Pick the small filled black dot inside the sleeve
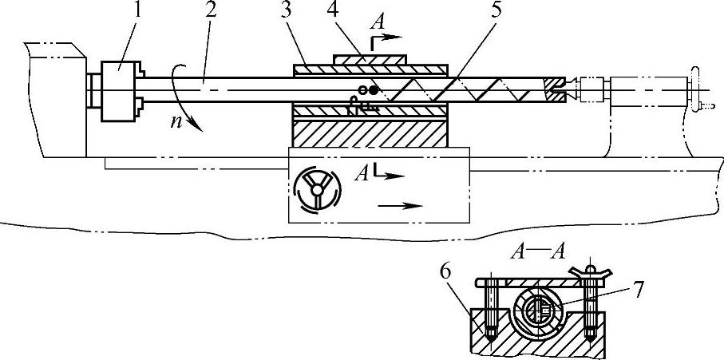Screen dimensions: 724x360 coord(373,90)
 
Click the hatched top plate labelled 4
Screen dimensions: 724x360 coord(370,59)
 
